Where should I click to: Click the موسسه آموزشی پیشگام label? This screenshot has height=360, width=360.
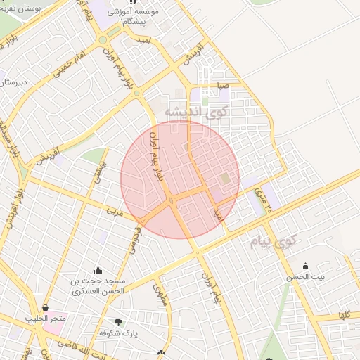[x=134, y=17]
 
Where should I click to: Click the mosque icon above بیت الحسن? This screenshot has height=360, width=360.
[x=305, y=266]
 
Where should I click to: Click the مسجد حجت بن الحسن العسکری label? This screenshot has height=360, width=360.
[x=97, y=285]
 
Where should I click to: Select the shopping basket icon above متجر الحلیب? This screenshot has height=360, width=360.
[x=46, y=308]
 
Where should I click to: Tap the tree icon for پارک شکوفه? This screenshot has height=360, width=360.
[x=117, y=323]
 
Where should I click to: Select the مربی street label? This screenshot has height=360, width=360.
[x=115, y=210]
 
